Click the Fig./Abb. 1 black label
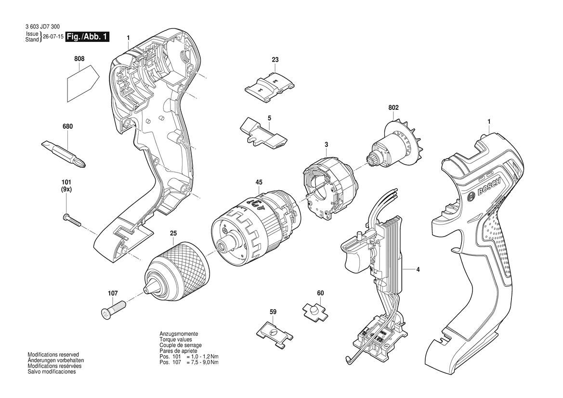click(87, 37)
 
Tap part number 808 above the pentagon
click(79, 59)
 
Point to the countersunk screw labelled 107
click(112, 308)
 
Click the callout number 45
click(259, 183)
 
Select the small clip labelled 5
click(263, 133)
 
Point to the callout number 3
click(326, 145)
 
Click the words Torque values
click(176, 339)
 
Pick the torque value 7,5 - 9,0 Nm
click(203, 362)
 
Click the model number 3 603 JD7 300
click(43, 27)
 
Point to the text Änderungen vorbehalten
click(56, 360)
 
